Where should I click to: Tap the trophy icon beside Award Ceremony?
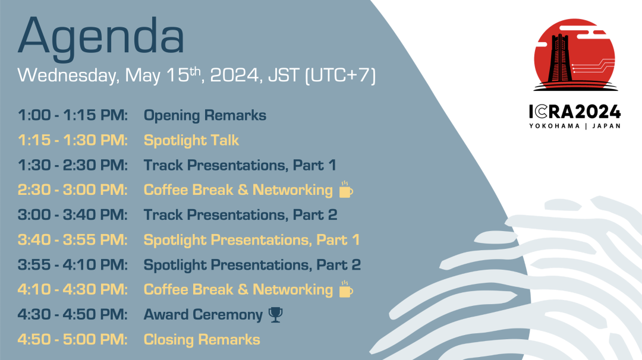[276, 315]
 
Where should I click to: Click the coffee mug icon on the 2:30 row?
[346, 190]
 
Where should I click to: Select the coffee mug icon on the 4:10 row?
[346, 289]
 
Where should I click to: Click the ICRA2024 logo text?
[575, 112]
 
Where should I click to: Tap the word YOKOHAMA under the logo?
[555, 126]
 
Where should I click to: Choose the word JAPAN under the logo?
[606, 126]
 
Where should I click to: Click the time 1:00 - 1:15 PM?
[73, 115]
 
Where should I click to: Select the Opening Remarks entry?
[204, 116]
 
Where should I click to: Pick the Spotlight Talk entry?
[191, 141]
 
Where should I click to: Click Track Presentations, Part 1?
[240, 165]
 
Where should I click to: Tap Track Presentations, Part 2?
[240, 215]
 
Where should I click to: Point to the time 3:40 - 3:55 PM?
[73, 240]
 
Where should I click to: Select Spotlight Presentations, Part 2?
[252, 265]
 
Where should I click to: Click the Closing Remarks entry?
[202, 340]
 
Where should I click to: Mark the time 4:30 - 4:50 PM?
[73, 315]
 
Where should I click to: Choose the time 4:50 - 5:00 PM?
[73, 340]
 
